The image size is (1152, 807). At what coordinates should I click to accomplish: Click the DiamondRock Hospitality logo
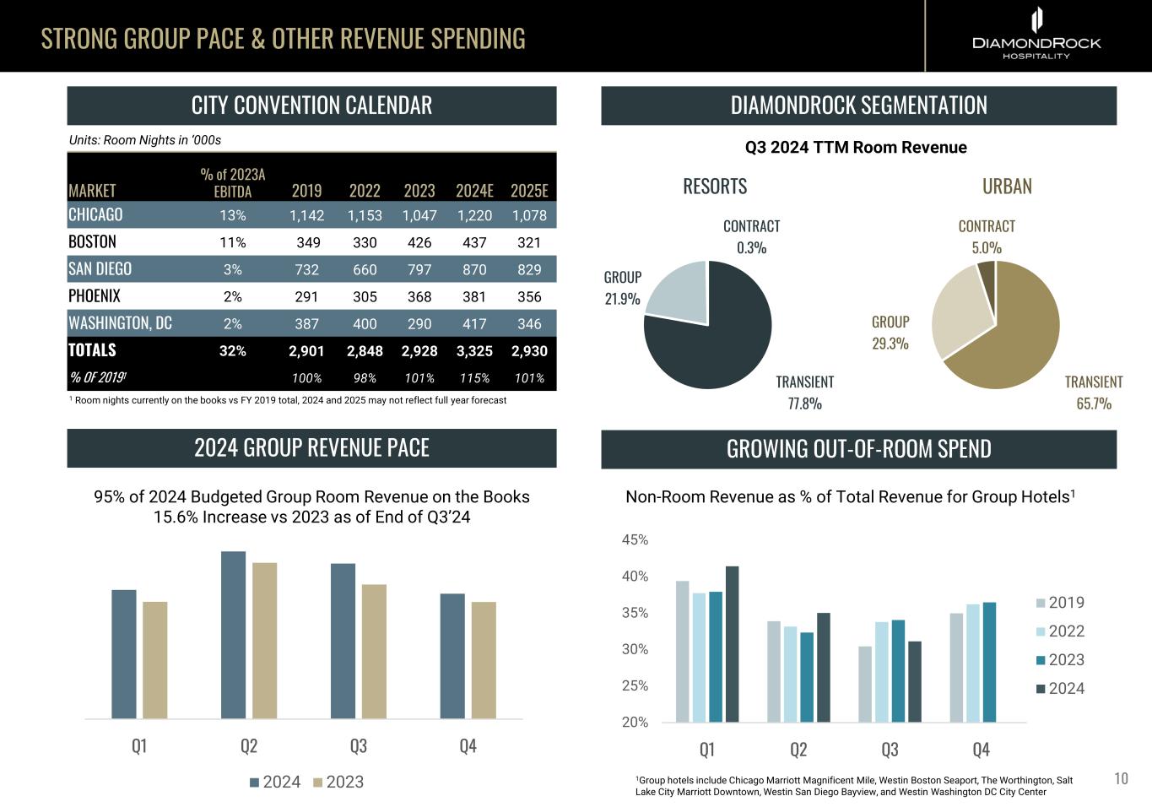click(x=1036, y=35)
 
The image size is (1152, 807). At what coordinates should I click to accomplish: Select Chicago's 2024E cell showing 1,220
click(x=474, y=215)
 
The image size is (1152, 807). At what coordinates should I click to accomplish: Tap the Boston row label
click(x=92, y=242)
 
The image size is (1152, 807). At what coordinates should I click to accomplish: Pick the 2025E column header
click(x=529, y=191)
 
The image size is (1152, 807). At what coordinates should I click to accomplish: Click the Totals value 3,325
click(x=474, y=351)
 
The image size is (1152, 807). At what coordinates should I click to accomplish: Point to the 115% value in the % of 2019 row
click(x=474, y=378)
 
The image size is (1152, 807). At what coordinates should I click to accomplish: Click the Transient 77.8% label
click(x=804, y=393)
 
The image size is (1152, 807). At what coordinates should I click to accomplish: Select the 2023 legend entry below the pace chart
click(x=338, y=783)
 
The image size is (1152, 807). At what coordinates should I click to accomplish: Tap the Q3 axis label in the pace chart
click(x=359, y=746)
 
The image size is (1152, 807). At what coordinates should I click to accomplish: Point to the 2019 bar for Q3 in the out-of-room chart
click(x=865, y=684)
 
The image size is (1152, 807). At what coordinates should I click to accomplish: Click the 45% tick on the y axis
click(x=635, y=540)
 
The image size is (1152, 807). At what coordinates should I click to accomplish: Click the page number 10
click(x=1121, y=778)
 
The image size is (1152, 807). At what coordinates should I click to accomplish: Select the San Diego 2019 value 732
click(x=306, y=269)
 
